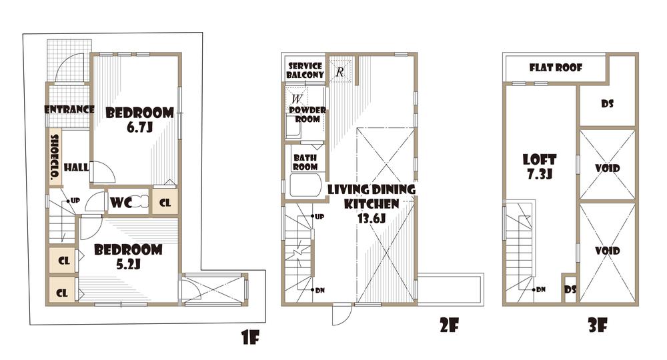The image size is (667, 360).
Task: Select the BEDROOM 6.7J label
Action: [140, 119]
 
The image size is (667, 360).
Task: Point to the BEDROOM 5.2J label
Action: [128, 257]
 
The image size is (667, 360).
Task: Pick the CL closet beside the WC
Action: [165, 202]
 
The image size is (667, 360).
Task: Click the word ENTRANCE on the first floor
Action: [69, 109]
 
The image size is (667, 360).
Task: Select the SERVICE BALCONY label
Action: [305, 71]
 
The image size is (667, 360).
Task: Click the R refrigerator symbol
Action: [339, 71]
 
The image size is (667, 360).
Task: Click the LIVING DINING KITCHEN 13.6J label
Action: [372, 203]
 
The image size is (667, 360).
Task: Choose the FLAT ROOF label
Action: [556, 68]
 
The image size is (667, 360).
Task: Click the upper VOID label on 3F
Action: [606, 169]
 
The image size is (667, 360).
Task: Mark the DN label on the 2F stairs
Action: [319, 291]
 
